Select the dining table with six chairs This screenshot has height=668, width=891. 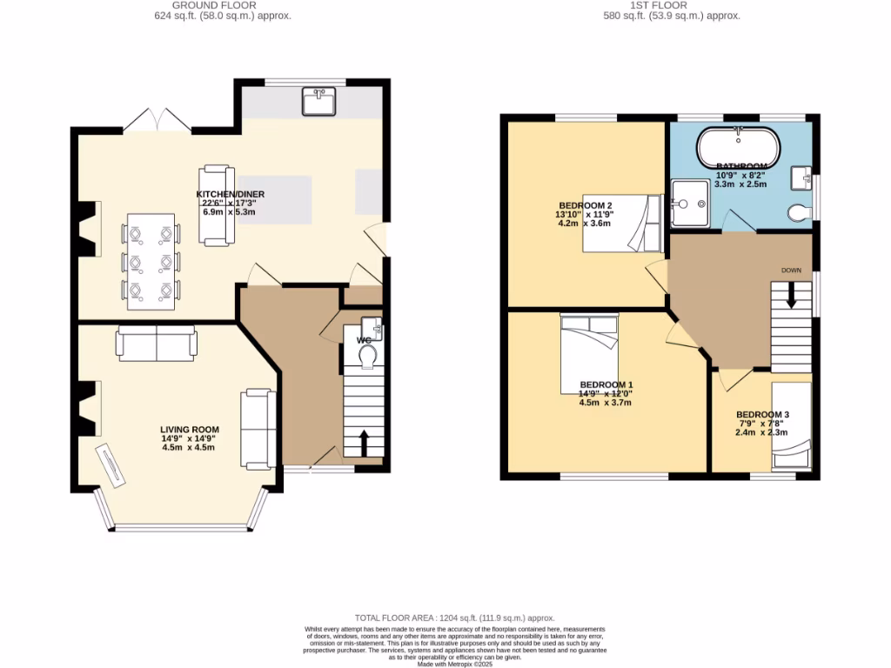point(152,262)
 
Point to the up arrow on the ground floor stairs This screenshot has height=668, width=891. point(364,442)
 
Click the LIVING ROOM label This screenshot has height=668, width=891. point(190,430)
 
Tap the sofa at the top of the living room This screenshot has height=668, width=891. point(157,344)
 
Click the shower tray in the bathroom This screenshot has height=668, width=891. point(691,204)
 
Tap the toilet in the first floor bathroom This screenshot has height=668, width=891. point(797,212)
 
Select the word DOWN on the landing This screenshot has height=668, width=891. point(791,271)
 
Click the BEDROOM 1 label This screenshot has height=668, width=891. point(606,384)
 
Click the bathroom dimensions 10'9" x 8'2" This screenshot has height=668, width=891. point(741,174)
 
